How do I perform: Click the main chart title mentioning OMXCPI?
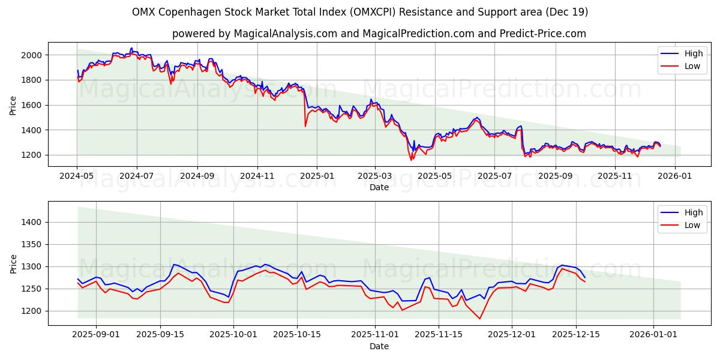[360, 12]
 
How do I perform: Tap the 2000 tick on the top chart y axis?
[31, 55]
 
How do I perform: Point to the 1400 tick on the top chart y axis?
[31, 130]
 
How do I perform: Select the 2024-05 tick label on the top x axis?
[77, 176]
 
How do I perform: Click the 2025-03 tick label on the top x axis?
[375, 176]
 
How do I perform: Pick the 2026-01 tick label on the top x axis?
[674, 176]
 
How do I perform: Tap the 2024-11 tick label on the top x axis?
[257, 176]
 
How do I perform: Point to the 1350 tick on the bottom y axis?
[31, 244]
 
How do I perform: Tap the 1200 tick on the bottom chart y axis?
[31, 311]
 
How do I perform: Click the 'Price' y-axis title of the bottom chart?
[13, 263]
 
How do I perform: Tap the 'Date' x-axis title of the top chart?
[379, 187]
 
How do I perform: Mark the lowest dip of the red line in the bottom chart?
[479, 319]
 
